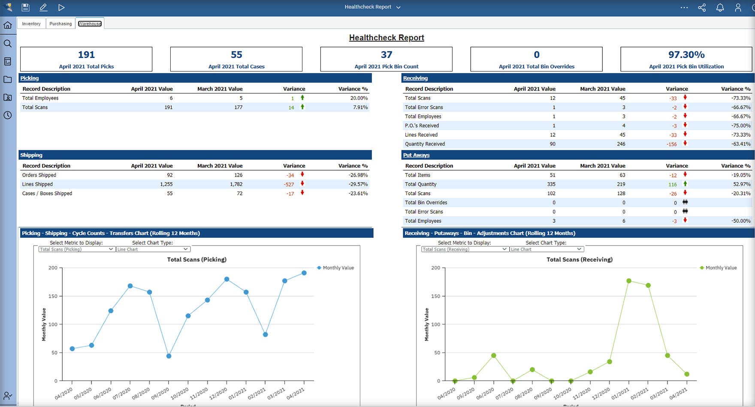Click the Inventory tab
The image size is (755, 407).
tap(31, 24)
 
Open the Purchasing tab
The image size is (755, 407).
tap(60, 24)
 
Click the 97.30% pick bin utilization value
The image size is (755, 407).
tap(686, 55)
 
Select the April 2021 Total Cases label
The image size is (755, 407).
tap(236, 66)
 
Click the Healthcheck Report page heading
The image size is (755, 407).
tap(387, 38)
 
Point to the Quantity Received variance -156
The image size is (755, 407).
tap(671, 144)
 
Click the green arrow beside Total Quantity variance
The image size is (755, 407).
tap(685, 184)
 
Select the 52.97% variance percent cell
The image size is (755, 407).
tap(742, 184)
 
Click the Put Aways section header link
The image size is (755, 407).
tap(416, 155)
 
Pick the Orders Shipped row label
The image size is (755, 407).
tap(39, 175)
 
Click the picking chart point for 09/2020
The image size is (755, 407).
tap(169, 356)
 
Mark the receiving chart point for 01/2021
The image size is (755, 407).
tap(629, 281)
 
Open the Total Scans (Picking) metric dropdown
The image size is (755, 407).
tap(76, 249)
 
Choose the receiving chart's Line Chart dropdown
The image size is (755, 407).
tap(546, 249)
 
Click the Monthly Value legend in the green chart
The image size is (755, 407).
tap(721, 268)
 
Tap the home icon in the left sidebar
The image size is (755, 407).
tap(8, 25)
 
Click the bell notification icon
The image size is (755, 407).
tap(720, 7)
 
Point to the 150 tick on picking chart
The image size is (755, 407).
tap(53, 296)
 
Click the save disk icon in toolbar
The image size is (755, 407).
tap(25, 7)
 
